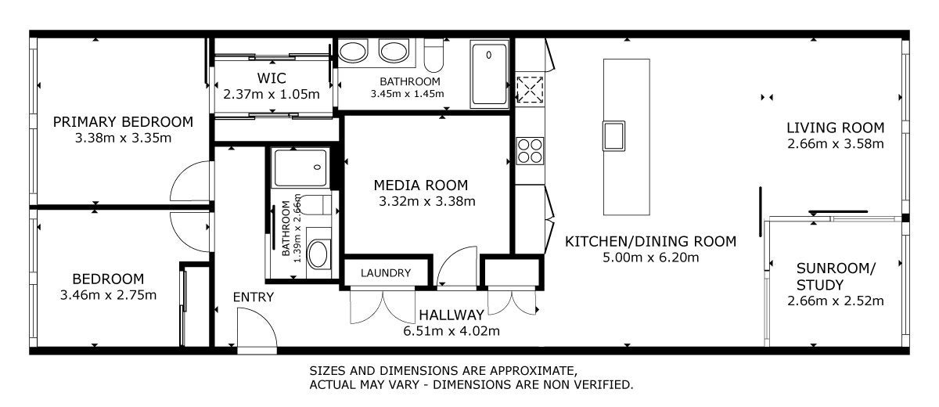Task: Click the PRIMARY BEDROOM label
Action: (123, 122)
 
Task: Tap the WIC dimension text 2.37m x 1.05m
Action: (272, 94)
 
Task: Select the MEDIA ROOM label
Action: (420, 185)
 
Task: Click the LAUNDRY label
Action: (386, 273)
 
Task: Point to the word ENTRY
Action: (254, 297)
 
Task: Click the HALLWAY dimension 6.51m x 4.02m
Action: (452, 331)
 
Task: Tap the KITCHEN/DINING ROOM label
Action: (650, 241)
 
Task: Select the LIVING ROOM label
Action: (835, 128)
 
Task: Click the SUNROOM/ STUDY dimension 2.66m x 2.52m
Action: (836, 301)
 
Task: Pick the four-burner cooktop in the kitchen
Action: (530, 151)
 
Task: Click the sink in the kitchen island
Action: (613, 136)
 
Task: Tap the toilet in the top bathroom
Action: (434, 56)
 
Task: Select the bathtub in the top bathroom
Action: (489, 74)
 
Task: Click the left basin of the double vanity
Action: (353, 52)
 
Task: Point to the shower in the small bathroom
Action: (300, 167)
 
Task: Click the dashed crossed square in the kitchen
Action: (530, 89)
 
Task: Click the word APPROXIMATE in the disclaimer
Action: (533, 371)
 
